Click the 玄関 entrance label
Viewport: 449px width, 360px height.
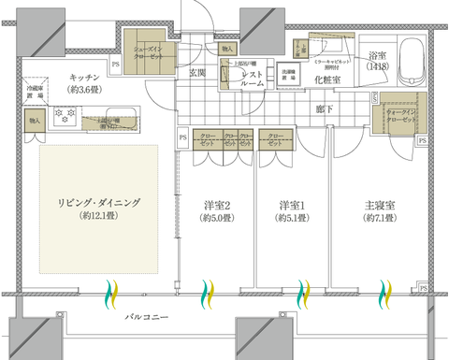coord(197,72)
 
